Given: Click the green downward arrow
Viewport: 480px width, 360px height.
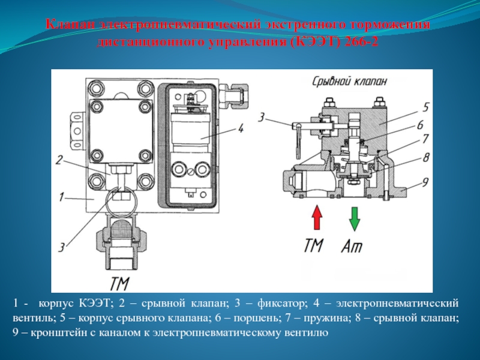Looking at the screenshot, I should tap(355, 218).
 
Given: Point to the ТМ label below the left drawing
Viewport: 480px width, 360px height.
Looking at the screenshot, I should tap(121, 282).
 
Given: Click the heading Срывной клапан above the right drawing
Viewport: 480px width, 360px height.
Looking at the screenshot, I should tap(350, 81).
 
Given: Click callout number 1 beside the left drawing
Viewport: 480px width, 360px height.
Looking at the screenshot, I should tap(61, 196).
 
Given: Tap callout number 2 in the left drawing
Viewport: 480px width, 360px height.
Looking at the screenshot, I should tap(59, 160).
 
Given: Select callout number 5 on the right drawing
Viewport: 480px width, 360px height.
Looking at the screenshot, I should tap(425, 107).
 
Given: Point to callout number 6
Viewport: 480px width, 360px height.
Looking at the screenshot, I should tap(421, 125).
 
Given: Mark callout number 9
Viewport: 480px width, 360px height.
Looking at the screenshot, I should tap(425, 181).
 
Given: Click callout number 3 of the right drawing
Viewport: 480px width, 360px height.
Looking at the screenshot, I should tap(262, 116).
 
